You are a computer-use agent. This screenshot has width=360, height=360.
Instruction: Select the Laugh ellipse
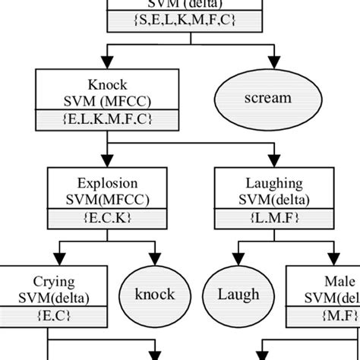tap(239, 294)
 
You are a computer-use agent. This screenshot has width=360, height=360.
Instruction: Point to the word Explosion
tap(106, 182)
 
